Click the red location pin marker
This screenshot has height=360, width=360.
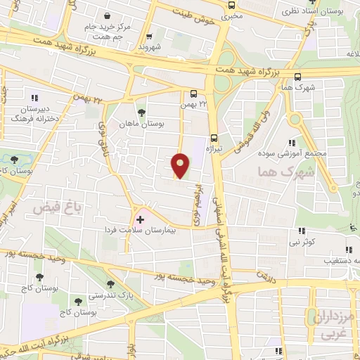coord(180,166)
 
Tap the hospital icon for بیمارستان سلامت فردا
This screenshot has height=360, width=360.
coord(139,220)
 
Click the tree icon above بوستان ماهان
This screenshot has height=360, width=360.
coord(141,111)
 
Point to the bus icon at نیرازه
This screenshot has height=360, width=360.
coord(214,138)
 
